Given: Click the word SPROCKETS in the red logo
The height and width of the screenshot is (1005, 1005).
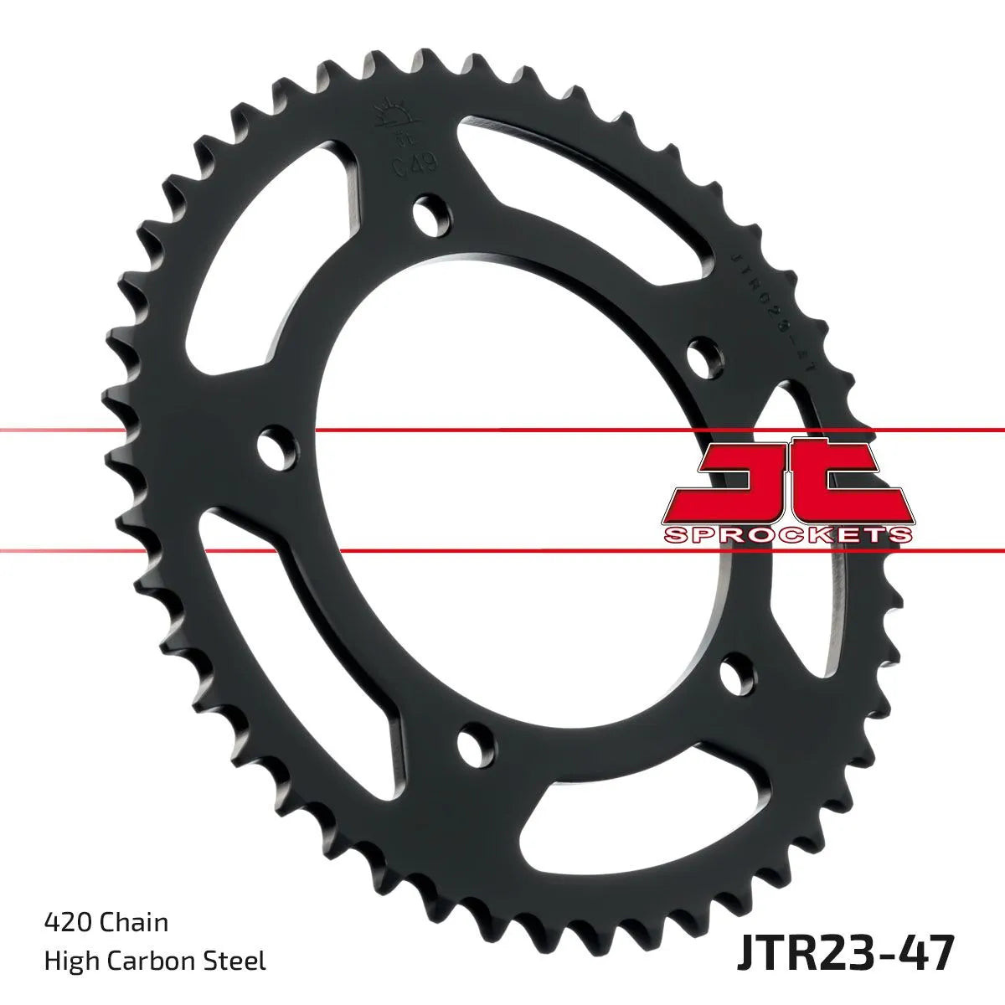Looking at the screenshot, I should (786, 534).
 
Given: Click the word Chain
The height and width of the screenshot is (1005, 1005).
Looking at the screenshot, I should (134, 923).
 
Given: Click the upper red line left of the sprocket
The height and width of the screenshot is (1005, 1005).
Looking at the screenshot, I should (50, 430).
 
